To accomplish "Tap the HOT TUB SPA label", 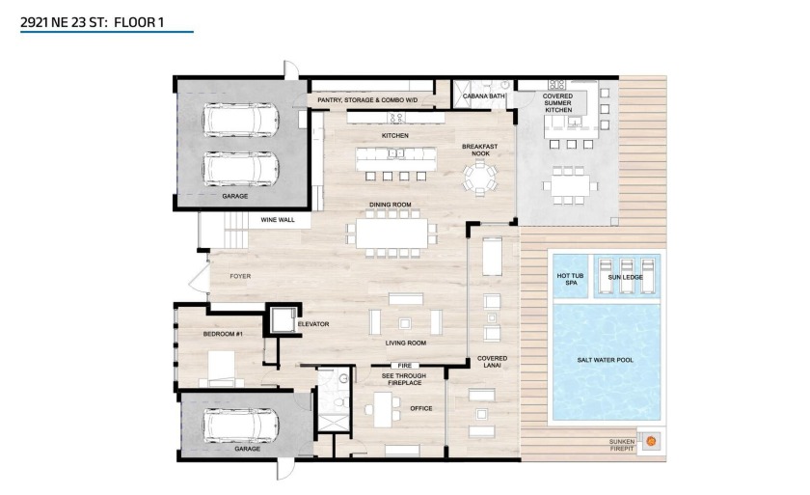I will tap(570, 279).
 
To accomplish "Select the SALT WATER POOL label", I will tap(606, 360).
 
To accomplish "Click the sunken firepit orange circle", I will tap(650, 442).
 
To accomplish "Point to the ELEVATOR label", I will tap(313, 324).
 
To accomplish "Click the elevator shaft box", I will tap(283, 320).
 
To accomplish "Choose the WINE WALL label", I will tap(277, 220).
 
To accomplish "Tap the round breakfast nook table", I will tap(480, 179).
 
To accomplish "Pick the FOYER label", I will tap(240, 276).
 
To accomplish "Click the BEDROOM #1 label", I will tap(222, 333).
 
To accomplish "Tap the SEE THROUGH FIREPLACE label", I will tap(402, 381).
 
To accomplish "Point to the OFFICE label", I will tap(420, 408).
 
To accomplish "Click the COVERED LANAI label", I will tap(492, 363).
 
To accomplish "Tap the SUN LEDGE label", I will tap(626, 277).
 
